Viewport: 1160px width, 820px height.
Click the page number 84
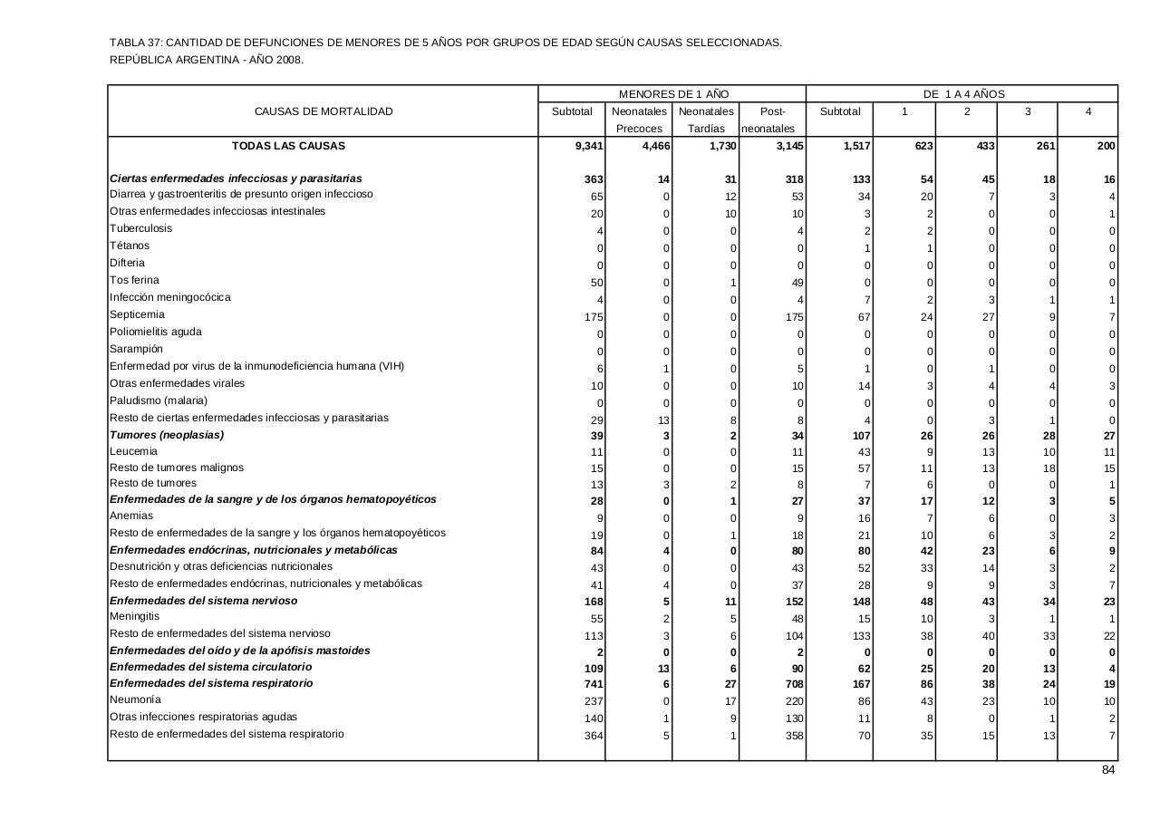[x=1107, y=770]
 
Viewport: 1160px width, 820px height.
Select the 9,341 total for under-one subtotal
[x=589, y=146]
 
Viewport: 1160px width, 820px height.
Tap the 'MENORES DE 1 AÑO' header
[x=673, y=94]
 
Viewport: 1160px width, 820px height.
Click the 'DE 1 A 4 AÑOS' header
[x=963, y=94]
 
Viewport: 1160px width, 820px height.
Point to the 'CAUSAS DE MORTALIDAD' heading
[x=324, y=111]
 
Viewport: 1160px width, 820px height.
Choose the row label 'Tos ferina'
[x=134, y=280]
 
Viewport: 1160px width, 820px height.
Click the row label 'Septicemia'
[x=137, y=314]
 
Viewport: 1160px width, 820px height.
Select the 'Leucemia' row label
[x=133, y=451]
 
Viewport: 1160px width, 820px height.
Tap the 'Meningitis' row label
[x=134, y=617]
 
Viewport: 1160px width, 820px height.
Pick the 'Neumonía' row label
[x=135, y=699]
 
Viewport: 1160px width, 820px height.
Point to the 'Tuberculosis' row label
[x=140, y=228]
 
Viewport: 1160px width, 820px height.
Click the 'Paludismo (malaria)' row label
[x=159, y=400]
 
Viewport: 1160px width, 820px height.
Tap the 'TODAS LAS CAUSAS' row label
[x=288, y=146]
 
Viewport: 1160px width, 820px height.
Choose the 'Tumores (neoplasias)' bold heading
[x=167, y=435]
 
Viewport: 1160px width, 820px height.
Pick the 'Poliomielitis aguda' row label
[x=156, y=332]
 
